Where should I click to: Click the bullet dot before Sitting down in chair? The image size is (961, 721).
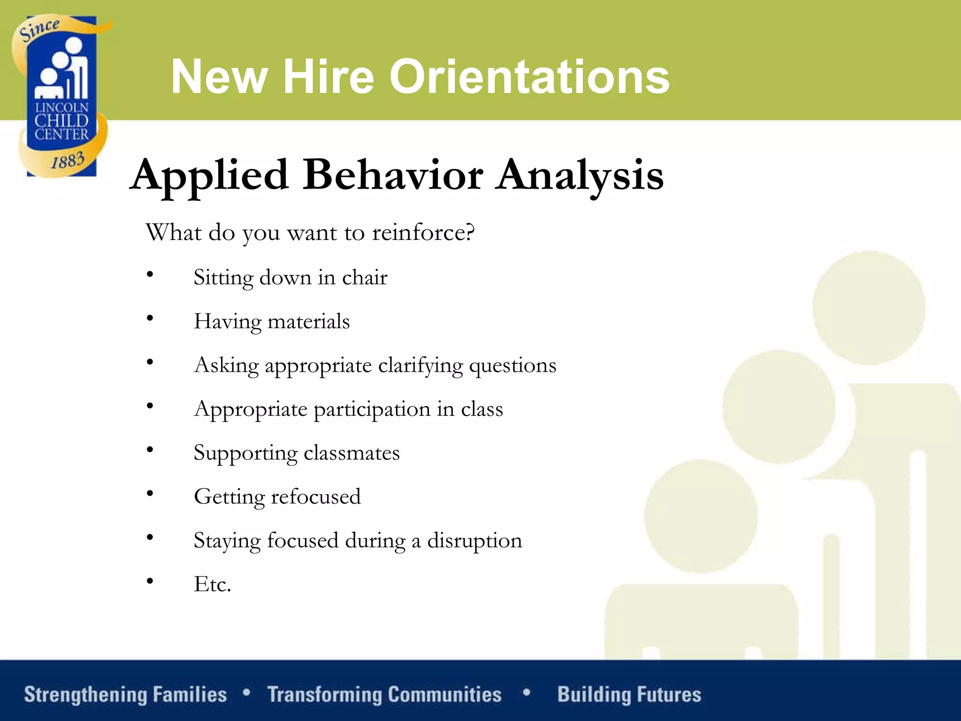pos(150,274)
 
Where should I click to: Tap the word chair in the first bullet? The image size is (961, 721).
pos(365,277)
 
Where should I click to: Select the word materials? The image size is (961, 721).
pos(308,322)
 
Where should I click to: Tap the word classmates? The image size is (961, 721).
pos(351,453)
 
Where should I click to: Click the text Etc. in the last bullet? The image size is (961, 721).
pos(213,584)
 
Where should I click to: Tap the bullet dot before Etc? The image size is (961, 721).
pos(150,581)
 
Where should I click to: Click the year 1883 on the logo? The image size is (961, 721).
pos(68,161)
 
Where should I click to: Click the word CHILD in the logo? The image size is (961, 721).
pos(61,121)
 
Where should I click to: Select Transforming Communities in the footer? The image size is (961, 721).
pos(384,695)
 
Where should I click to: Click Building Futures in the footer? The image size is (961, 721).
pos(629,695)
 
